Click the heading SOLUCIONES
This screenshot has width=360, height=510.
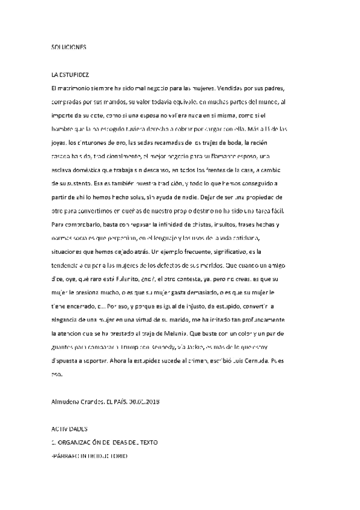[70, 46]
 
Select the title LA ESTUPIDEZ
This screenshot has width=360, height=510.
[71, 76]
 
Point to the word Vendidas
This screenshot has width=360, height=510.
[230, 87]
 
